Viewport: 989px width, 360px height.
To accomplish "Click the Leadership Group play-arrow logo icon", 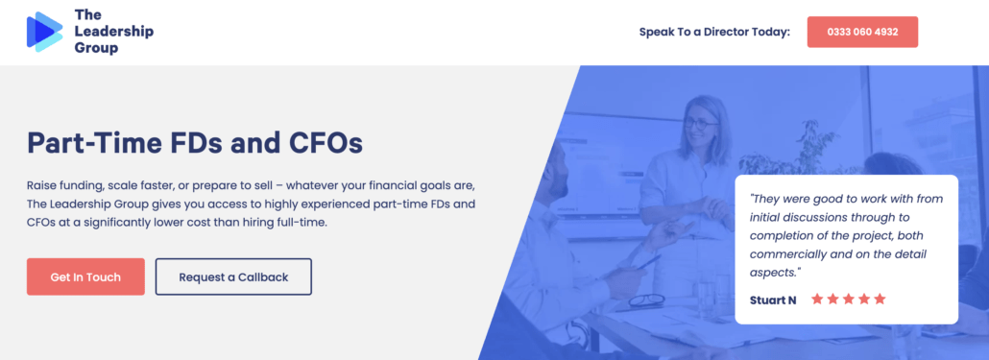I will point(44,31).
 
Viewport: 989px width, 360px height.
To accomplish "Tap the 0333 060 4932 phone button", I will point(861,32).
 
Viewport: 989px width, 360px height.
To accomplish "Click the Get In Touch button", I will point(85,276).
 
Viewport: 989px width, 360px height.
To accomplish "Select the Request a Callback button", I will point(233,276).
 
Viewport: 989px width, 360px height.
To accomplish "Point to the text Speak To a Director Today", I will point(714,32).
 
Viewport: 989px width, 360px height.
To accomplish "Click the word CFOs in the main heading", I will point(326,143).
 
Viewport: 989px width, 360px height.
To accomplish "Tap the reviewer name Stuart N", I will point(773,300).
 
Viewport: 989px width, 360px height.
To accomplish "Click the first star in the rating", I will point(817,300).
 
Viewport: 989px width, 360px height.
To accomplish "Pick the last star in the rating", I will point(880,300).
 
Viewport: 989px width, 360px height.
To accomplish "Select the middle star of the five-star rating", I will point(849,300).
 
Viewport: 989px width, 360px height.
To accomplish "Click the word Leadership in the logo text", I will point(113,32).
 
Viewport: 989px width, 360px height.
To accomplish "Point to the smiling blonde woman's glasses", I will point(701,124).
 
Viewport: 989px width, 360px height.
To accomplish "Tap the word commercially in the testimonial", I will point(792,253).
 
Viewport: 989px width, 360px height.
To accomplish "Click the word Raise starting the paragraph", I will point(43,184).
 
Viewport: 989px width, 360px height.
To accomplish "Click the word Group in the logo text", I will point(96,48).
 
